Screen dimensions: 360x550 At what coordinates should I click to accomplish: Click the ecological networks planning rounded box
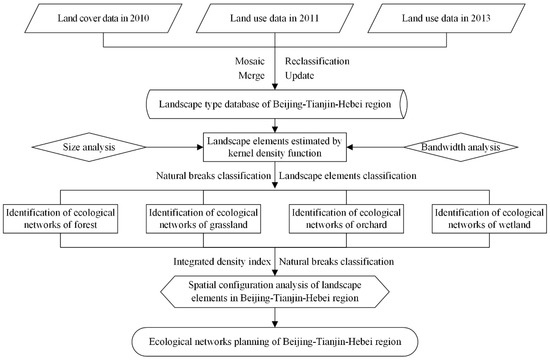coord(274,340)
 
